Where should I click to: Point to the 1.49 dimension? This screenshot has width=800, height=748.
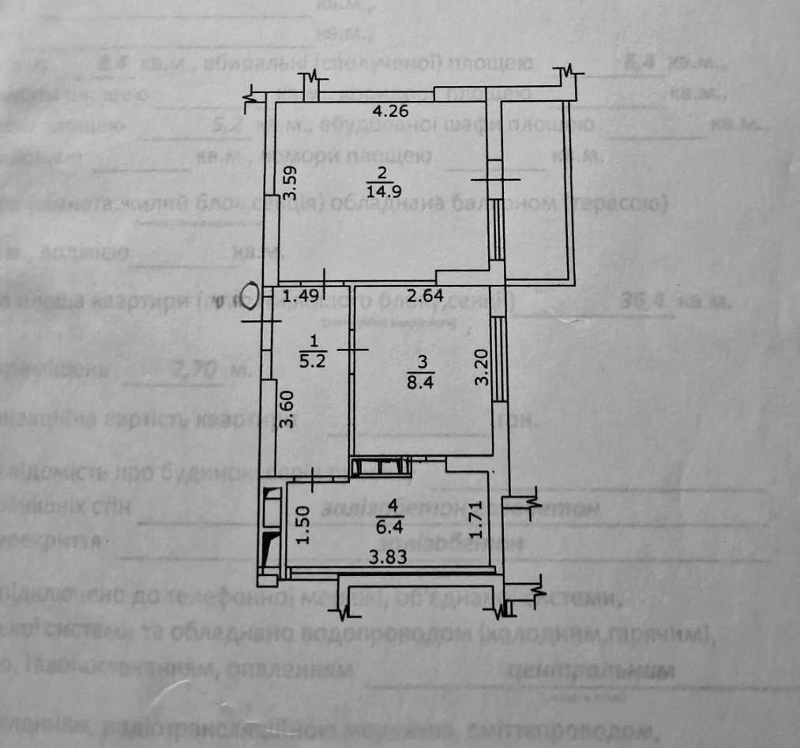pos(300,297)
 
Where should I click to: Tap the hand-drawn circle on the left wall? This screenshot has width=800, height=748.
pos(250,298)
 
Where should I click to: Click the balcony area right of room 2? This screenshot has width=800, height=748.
pos(539,189)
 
